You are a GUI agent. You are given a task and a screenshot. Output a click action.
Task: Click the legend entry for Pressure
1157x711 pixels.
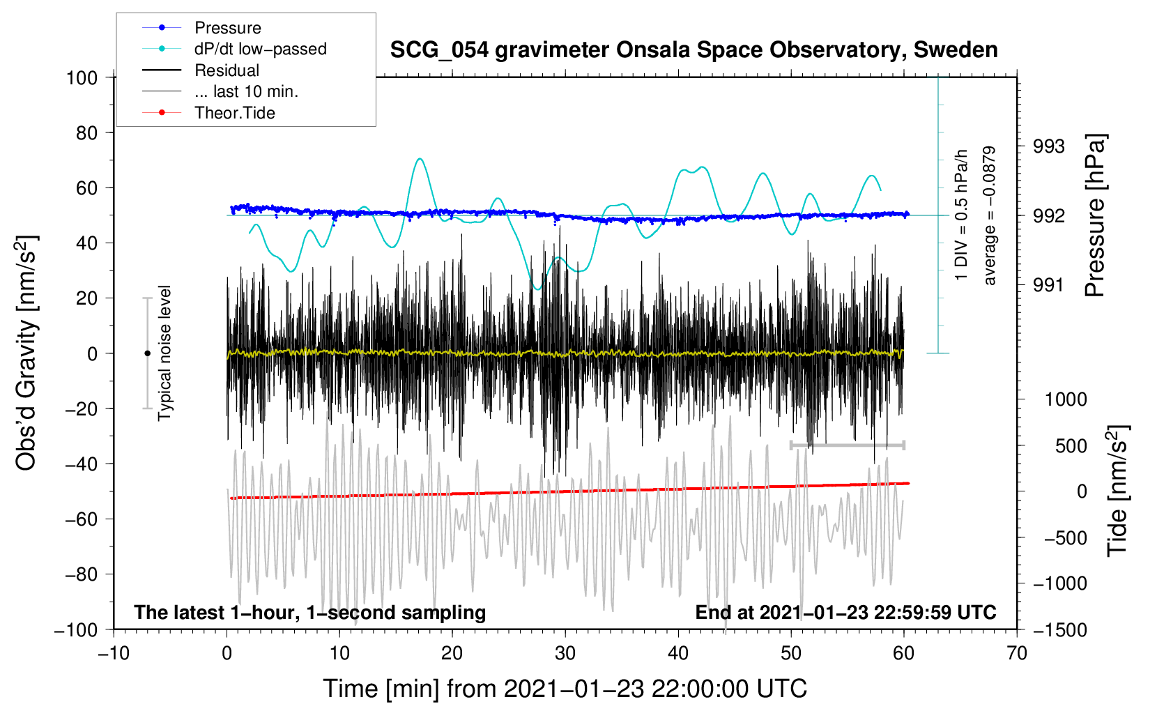tap(227, 28)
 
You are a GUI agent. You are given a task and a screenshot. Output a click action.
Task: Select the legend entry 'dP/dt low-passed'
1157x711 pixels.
tap(260, 49)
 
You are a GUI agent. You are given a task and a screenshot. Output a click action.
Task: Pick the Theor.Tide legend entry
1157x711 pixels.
tap(234, 113)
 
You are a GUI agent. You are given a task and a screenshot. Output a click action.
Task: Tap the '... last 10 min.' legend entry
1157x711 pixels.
tap(246, 91)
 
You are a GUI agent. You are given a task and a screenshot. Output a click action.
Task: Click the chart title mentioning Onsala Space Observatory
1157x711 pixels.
tap(694, 50)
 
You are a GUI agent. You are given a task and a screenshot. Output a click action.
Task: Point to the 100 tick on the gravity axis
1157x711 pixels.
tap(82, 77)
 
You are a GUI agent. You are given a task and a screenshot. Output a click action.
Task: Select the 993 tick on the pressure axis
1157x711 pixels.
tap(1049, 146)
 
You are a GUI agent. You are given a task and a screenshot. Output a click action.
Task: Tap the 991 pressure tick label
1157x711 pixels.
tap(1049, 284)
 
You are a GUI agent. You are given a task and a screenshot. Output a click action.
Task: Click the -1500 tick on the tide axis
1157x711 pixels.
tap(1060, 629)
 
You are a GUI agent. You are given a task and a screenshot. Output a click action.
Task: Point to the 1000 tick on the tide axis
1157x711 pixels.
tap(1066, 399)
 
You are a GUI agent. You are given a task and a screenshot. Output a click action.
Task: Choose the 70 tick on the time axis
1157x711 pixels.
tap(1017, 653)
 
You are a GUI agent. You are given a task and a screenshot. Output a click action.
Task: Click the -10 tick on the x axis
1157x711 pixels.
tap(114, 653)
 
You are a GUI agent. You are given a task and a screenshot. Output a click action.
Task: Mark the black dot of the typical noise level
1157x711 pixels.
tap(147, 353)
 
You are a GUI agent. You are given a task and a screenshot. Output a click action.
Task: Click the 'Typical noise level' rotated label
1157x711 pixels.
tap(164, 353)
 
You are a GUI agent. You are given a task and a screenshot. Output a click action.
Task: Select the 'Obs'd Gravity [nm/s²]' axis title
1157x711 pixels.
tap(26, 353)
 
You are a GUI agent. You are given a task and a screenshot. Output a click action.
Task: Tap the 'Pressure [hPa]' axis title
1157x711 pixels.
tap(1095, 215)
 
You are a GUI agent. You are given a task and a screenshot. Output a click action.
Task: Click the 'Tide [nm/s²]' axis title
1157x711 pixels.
tap(1117, 491)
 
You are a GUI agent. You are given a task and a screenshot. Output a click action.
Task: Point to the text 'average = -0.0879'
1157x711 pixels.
tap(989, 215)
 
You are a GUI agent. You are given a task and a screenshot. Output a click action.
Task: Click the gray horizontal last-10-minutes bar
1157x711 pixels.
tap(847, 445)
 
